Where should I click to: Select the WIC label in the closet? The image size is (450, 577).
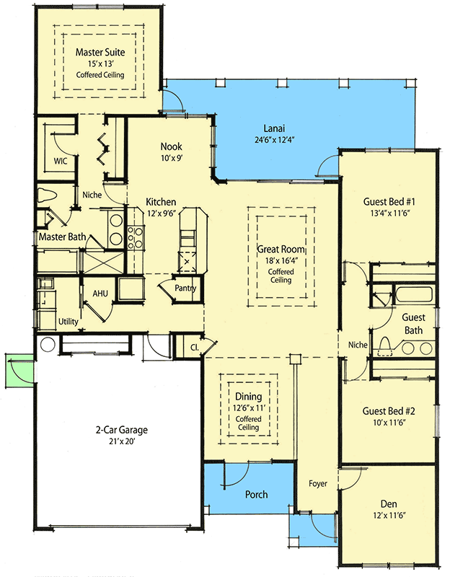coord(60,161)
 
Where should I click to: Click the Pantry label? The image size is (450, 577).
coord(185,288)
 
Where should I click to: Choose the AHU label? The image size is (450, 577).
coord(100,294)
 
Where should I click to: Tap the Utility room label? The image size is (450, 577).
coord(69,322)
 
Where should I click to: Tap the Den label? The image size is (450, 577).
coord(389,503)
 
